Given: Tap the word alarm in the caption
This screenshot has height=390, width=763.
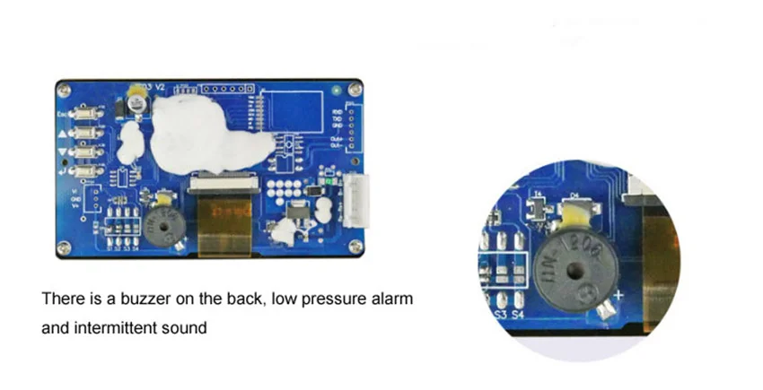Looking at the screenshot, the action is coord(392,298).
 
